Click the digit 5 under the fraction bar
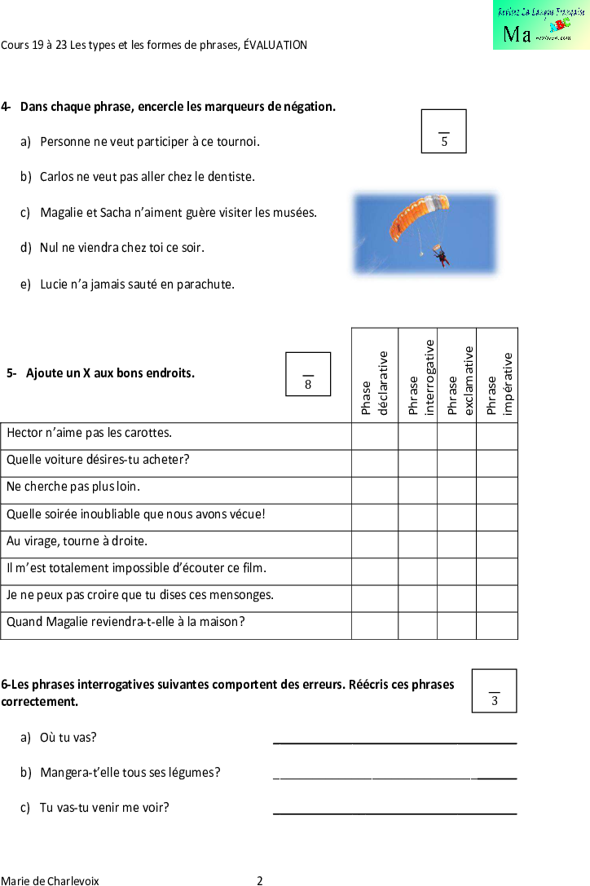click(444, 142)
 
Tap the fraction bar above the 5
click(444, 133)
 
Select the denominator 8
click(308, 385)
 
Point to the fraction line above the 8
click(308, 376)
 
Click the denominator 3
click(495, 701)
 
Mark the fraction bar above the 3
click(495, 692)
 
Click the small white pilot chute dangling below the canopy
click(421, 253)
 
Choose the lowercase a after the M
click(526, 36)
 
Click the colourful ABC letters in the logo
click(560, 25)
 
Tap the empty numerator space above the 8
click(308, 365)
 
